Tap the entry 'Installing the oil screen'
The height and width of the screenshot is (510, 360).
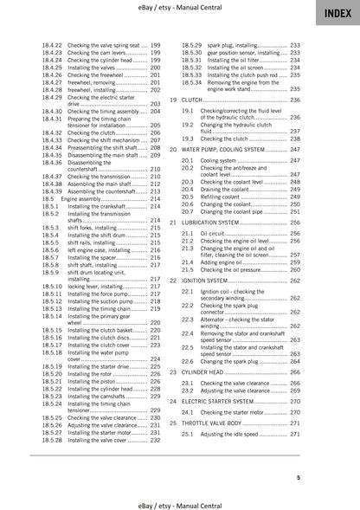233,66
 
